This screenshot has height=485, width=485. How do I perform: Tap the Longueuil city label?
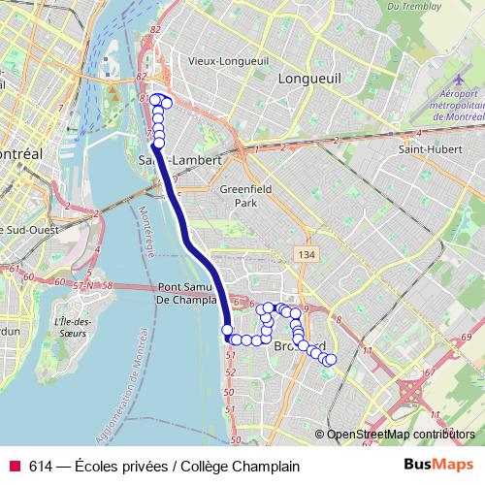click(307, 79)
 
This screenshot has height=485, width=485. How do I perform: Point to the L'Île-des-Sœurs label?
click(74, 328)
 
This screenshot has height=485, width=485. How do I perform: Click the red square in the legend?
click(15, 466)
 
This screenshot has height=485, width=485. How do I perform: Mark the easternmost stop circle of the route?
click(331, 361)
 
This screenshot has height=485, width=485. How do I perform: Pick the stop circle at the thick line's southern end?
click(229, 332)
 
